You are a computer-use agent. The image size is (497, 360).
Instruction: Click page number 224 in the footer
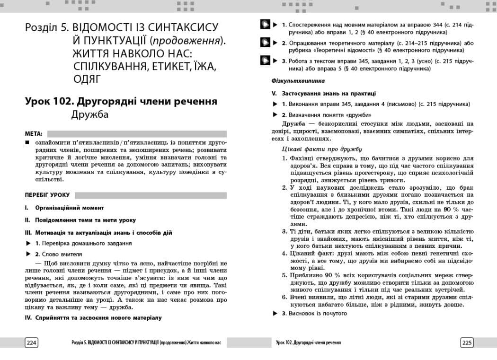[x=31, y=342]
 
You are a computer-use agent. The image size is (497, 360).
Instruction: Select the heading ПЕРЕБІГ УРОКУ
[x=47, y=195]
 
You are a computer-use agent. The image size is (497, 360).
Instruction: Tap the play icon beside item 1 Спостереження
[x=266, y=25]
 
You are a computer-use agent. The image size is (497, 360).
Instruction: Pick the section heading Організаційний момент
[x=70, y=208]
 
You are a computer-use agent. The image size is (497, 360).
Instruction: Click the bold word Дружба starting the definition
[x=293, y=124]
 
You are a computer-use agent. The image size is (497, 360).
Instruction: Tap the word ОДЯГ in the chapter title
[x=88, y=79]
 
